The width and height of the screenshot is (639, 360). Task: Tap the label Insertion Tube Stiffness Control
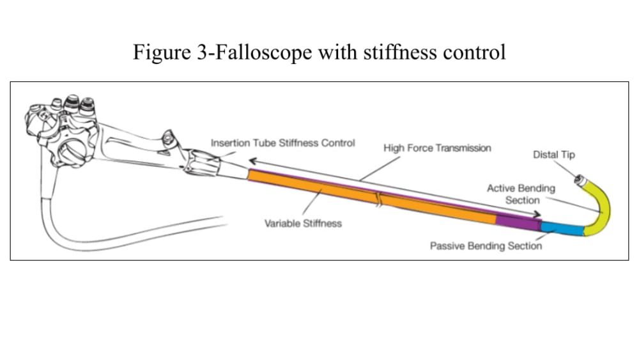(x=282, y=143)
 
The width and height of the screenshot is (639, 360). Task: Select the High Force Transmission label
(x=437, y=148)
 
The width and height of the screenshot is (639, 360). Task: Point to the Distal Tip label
(x=553, y=155)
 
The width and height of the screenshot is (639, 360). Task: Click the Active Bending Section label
(x=521, y=194)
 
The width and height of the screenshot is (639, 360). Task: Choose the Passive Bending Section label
(x=486, y=246)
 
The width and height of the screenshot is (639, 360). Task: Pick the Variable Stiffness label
(x=303, y=223)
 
